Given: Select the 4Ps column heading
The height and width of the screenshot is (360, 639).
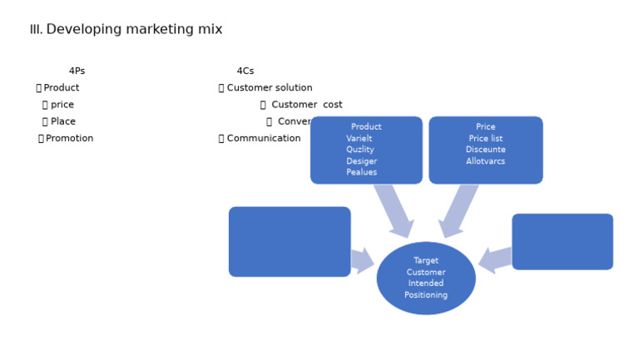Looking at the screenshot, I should click(x=77, y=72).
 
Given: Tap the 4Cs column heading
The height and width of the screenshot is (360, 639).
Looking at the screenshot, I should click(x=245, y=72).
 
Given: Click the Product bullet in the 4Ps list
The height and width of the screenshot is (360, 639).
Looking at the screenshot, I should click(x=61, y=88).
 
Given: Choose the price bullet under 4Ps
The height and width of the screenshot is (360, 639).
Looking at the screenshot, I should click(x=62, y=105).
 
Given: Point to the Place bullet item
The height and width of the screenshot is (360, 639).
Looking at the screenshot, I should click(x=62, y=121).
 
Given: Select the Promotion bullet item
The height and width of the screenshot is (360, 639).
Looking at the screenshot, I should click(x=69, y=139).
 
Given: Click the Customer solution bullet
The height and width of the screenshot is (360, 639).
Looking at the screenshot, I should click(x=269, y=88).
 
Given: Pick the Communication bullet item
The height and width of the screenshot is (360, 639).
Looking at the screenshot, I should click(x=263, y=139).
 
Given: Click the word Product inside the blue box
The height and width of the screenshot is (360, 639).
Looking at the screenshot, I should click(x=366, y=127).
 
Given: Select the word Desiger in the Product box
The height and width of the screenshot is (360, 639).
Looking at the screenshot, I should click(x=361, y=161).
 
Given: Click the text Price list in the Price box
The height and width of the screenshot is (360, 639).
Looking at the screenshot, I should click(x=485, y=139).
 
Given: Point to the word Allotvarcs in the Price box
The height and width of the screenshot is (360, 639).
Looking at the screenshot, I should click(x=485, y=161).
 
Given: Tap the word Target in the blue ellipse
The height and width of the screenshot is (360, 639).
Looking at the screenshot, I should click(x=426, y=261).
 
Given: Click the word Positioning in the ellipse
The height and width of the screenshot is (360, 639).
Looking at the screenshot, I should click(x=426, y=295).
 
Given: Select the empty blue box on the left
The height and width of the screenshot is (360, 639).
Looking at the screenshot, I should click(x=289, y=242).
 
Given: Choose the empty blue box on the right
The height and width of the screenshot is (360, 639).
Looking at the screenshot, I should click(x=562, y=242).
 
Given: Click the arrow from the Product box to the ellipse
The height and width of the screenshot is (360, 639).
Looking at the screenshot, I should click(x=394, y=210).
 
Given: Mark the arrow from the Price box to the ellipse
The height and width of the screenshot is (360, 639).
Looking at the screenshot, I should click(x=458, y=210).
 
